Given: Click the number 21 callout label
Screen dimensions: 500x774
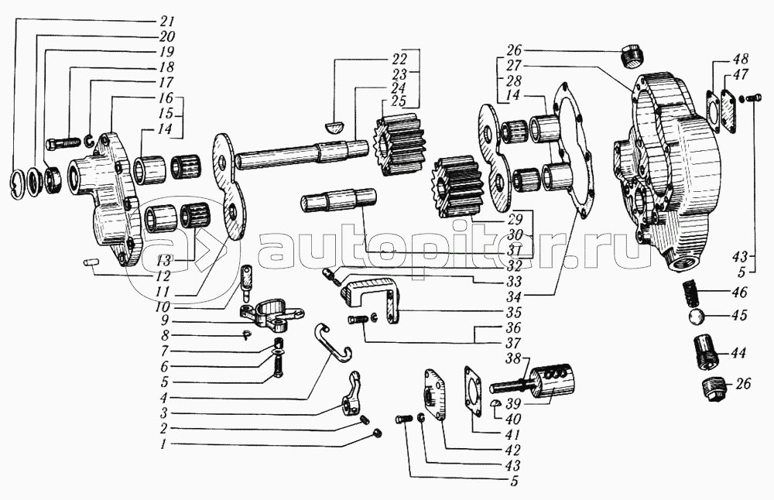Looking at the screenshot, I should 167,21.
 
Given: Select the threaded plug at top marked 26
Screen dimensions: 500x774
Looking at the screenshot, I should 633,57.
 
